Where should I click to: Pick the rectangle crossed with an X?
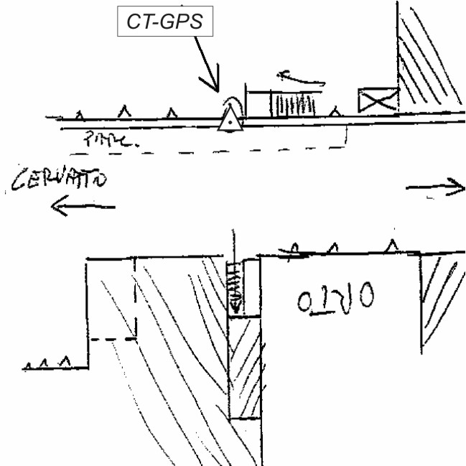pos(377,101)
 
